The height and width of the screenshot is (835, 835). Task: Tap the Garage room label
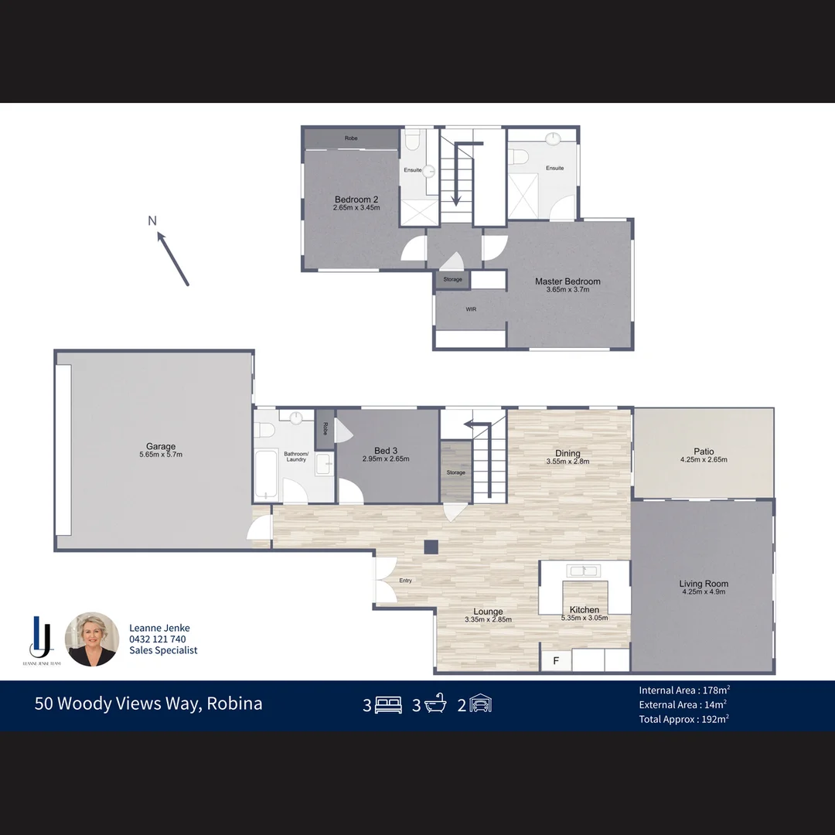(x=161, y=446)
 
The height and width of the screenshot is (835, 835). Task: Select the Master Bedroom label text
(x=567, y=281)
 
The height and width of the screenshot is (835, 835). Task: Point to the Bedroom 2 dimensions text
(x=356, y=208)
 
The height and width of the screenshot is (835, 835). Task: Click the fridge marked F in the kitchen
(x=555, y=661)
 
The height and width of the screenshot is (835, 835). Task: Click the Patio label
(x=704, y=452)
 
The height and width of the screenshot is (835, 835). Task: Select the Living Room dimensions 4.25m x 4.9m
(x=704, y=592)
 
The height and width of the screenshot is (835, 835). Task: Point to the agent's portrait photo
(x=93, y=639)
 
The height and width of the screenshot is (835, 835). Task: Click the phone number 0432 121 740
(x=157, y=639)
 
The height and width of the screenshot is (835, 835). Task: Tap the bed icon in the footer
(x=388, y=705)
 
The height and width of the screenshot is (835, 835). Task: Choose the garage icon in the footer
(x=480, y=705)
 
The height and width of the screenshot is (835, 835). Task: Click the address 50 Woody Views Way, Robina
(x=148, y=704)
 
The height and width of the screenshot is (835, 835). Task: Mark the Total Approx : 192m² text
(x=684, y=718)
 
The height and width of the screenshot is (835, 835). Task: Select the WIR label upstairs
(x=471, y=309)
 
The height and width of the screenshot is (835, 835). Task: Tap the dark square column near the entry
(x=431, y=547)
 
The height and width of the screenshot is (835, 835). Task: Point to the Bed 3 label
(x=385, y=451)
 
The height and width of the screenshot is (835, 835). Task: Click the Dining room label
(x=567, y=454)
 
